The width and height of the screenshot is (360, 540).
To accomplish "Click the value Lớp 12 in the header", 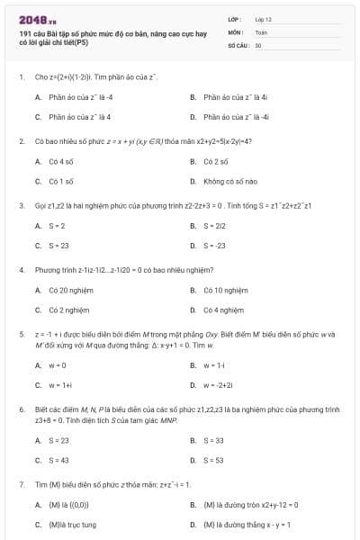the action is (263, 18).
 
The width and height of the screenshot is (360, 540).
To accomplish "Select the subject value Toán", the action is (261, 31).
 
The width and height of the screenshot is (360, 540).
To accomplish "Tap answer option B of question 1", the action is (224, 96).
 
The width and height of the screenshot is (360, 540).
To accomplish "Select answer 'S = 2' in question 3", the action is (56, 226).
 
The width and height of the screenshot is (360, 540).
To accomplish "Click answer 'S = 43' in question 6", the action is (58, 459).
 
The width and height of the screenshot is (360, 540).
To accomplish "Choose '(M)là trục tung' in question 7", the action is (70, 524).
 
